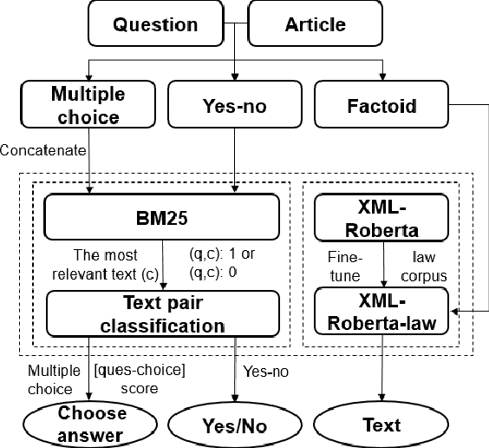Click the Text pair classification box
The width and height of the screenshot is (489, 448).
(x=162, y=313)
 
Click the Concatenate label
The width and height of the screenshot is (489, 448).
(x=43, y=150)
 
